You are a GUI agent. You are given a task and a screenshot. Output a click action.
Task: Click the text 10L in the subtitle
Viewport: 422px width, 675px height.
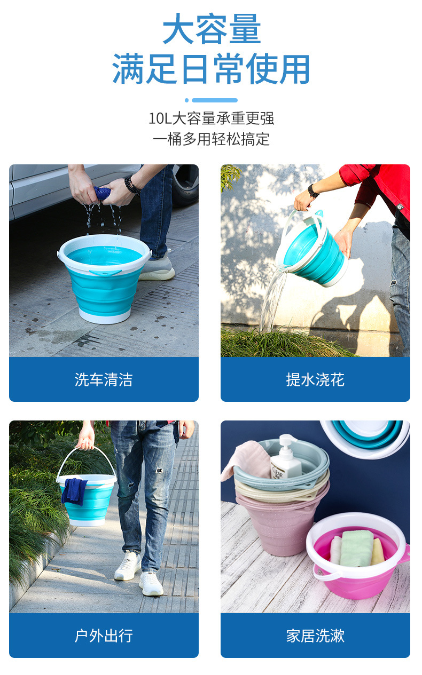(x=159, y=118)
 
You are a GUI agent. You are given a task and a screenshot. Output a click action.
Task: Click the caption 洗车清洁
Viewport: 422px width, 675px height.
(x=104, y=379)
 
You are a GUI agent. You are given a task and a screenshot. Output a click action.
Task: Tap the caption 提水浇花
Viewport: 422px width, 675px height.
(x=315, y=379)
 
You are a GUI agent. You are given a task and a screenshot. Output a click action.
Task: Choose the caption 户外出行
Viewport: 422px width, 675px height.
(x=104, y=636)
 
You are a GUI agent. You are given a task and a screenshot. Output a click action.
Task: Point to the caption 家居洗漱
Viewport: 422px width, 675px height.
(x=315, y=636)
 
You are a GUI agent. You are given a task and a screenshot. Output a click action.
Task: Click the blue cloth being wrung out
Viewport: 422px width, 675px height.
(x=103, y=193)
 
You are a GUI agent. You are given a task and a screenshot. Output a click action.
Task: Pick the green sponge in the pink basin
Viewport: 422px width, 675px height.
(x=356, y=548)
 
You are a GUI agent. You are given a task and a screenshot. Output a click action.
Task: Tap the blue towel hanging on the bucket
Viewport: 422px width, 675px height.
(x=74, y=491)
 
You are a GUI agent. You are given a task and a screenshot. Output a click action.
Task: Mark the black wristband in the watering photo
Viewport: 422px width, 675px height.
(x=313, y=191)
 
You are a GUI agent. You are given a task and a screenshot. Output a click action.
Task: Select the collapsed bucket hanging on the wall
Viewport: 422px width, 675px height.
(x=369, y=435)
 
